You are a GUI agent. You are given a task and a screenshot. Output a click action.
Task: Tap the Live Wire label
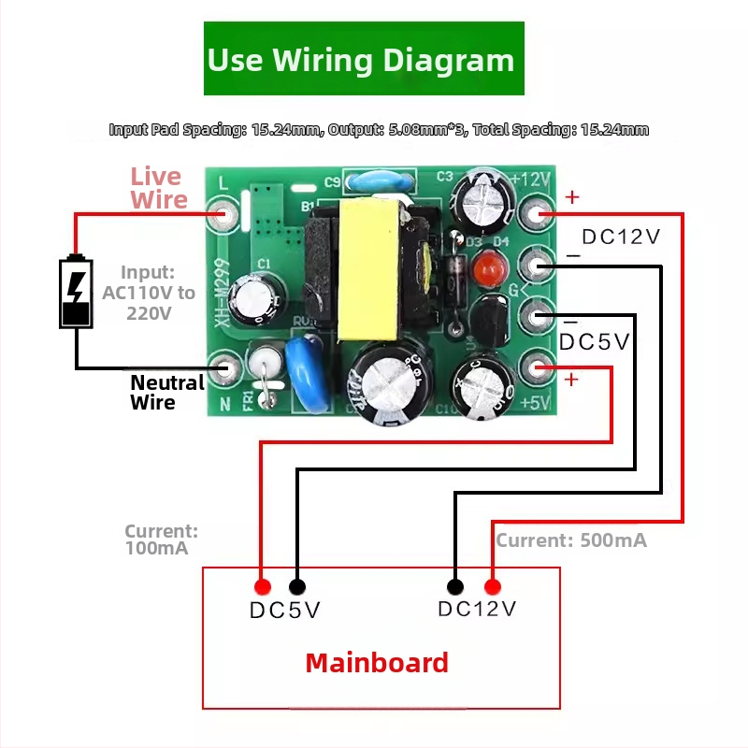pos(159,188)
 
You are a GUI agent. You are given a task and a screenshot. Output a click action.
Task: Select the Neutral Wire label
pos(166,392)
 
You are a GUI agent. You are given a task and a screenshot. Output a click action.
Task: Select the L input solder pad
pos(223,214)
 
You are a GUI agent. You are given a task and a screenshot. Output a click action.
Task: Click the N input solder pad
pos(223,367)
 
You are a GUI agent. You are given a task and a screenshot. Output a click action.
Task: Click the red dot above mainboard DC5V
pos(263,587)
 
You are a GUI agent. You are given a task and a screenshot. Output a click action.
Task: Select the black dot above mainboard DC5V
pos(297,587)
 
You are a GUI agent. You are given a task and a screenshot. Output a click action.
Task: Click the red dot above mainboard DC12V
pos(492,587)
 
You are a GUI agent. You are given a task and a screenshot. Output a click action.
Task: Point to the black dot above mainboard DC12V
pos(455,587)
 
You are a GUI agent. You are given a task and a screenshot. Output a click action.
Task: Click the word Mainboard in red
pos(377,663)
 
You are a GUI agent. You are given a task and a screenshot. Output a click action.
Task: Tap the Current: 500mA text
pos(570,540)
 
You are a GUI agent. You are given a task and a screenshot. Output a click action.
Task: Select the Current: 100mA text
pos(161,539)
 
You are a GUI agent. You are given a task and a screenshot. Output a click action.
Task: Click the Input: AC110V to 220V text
pos(148,293)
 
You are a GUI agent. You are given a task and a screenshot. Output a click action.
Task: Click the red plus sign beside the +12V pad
pos(572,197)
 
